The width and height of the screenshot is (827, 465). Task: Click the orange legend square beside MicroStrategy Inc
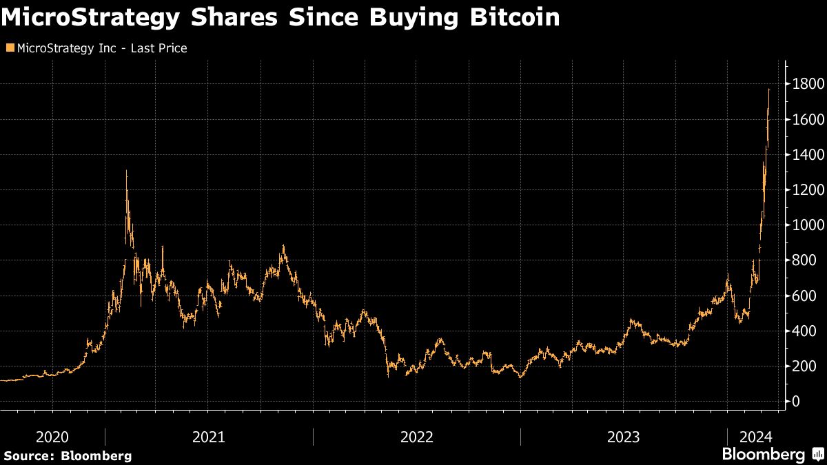(x=9, y=48)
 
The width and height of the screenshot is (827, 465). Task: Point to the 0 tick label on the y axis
(x=796, y=401)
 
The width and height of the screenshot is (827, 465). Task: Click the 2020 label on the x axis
(x=52, y=437)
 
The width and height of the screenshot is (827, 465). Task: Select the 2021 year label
(x=209, y=437)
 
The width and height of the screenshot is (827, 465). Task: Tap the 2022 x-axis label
(x=416, y=437)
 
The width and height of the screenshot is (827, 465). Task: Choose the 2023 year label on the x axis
(x=623, y=437)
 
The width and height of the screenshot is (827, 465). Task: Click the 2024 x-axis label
(x=755, y=437)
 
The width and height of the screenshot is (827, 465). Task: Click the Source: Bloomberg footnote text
(x=67, y=455)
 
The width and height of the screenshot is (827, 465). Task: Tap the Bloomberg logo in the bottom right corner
(x=772, y=454)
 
